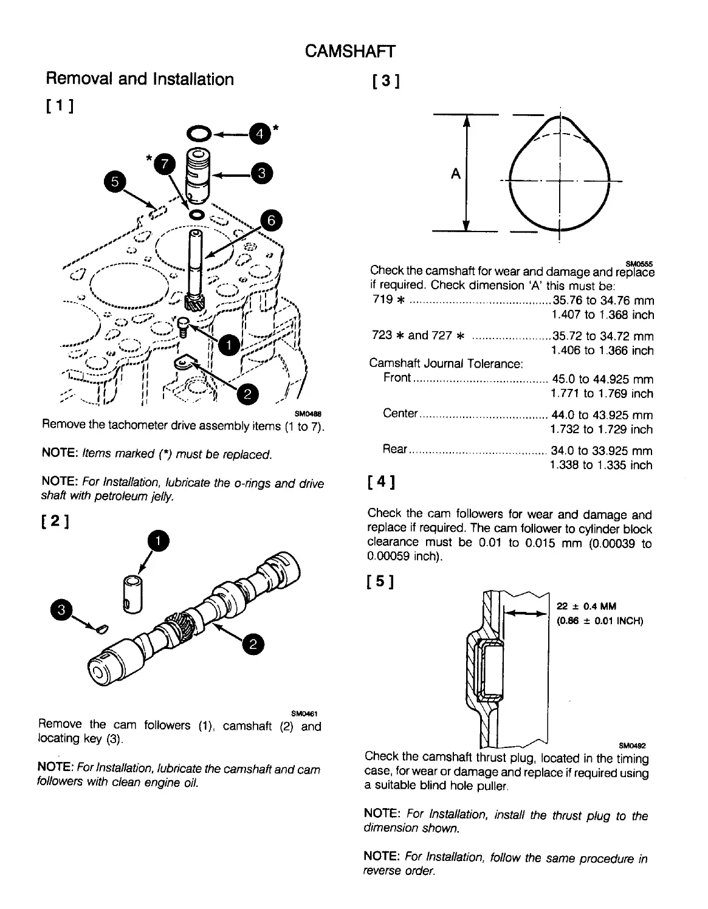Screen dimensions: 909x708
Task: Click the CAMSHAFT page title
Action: [x=350, y=51]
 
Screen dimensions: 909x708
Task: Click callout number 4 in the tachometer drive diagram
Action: [x=259, y=133]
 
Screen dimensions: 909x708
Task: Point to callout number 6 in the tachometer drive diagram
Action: [x=271, y=220]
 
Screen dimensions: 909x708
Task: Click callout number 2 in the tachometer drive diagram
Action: [x=247, y=394]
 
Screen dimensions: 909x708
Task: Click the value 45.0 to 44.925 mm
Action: [x=602, y=379]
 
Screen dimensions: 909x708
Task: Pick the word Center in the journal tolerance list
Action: [x=400, y=414]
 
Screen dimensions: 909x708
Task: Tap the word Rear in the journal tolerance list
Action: [x=394, y=449]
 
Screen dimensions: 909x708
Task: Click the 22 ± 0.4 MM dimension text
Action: [x=586, y=606]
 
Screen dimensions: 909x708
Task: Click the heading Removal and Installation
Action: [x=140, y=79]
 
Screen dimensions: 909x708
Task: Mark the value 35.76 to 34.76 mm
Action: [x=603, y=300]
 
